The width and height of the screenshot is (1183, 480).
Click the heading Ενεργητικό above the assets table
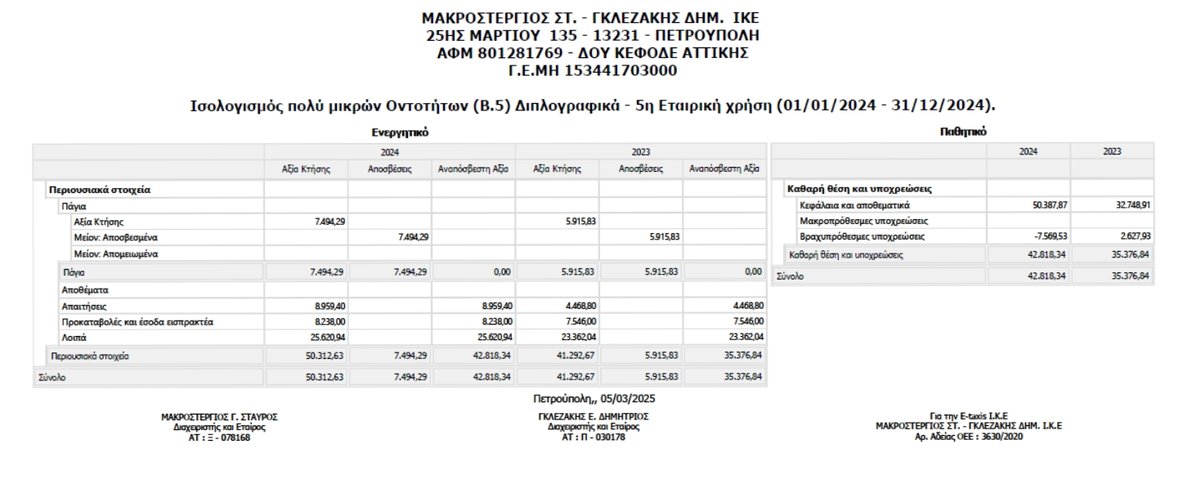pos(397,132)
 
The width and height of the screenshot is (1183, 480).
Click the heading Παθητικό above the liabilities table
pos(962,131)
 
